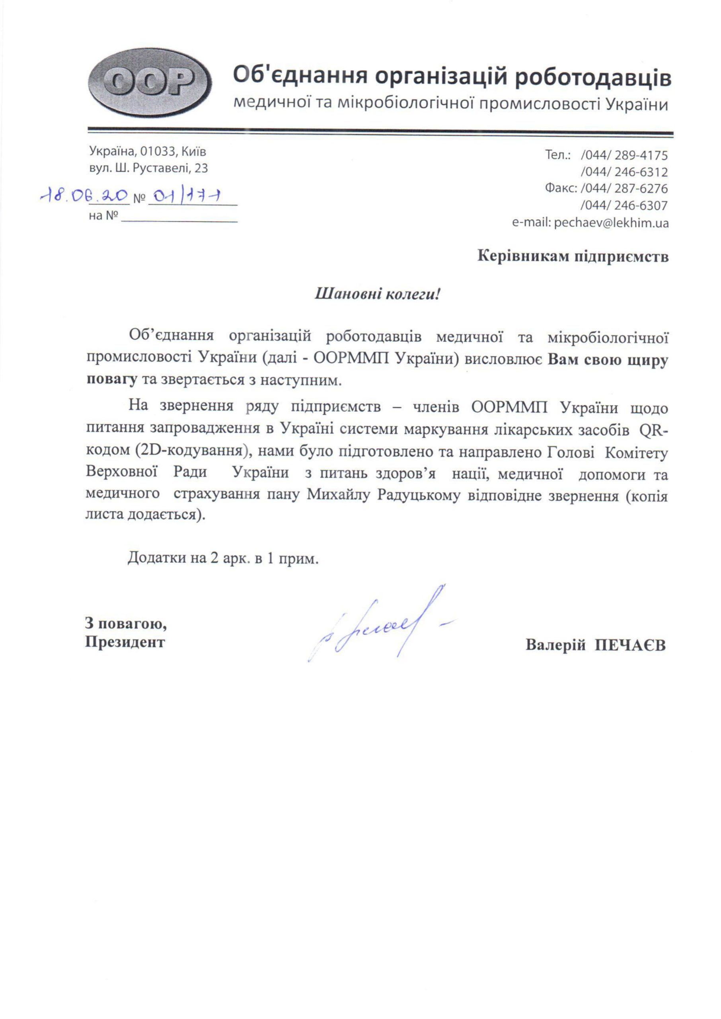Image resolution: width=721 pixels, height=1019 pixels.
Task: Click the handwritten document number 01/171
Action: pyautogui.click(x=187, y=196)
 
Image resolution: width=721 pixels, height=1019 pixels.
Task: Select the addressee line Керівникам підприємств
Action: pyautogui.click(x=573, y=257)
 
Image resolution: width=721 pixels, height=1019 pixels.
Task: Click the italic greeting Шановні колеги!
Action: pyautogui.click(x=377, y=293)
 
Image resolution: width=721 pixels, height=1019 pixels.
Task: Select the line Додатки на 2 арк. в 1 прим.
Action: pyautogui.click(x=223, y=558)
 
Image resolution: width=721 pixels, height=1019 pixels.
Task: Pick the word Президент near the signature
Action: pyautogui.click(x=125, y=642)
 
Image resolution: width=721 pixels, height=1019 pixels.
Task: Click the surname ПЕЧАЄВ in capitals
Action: pyautogui.click(x=630, y=645)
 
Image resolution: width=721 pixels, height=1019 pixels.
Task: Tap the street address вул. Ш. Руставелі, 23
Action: pyautogui.click(x=148, y=168)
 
